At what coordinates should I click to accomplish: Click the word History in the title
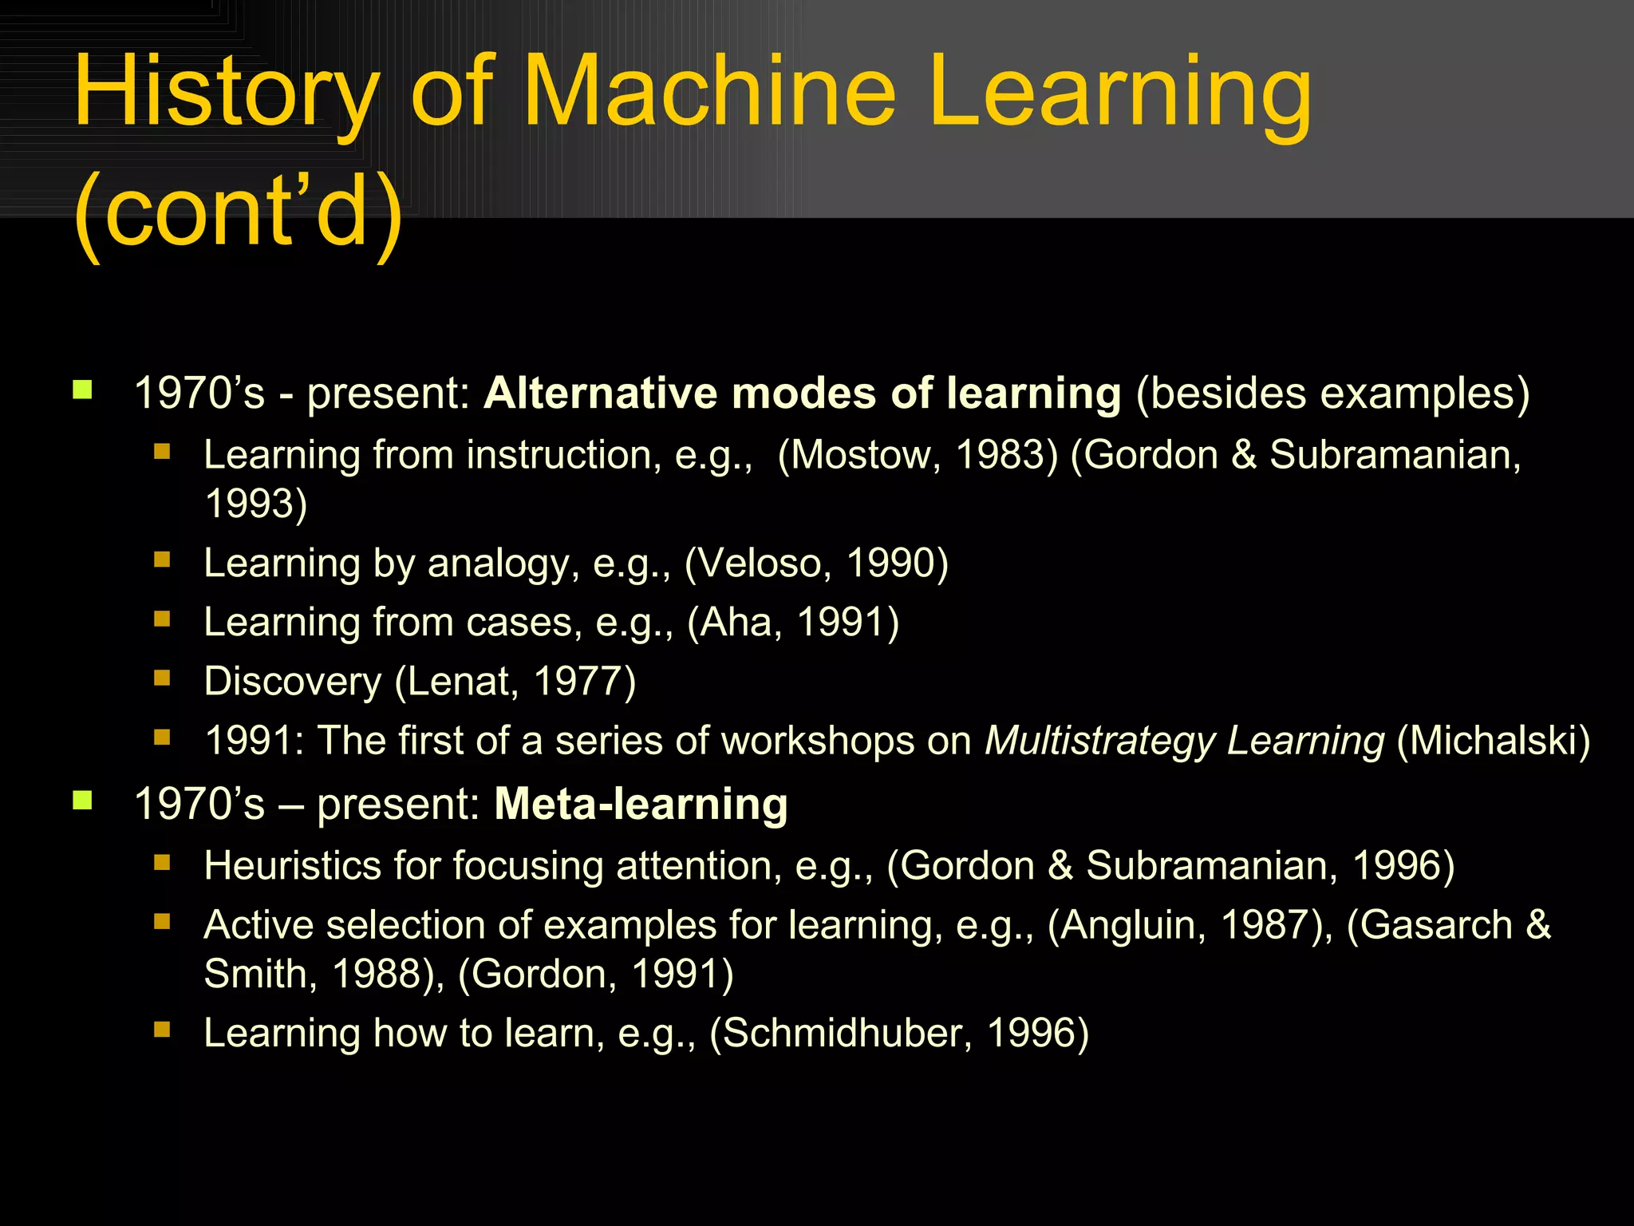point(226,94)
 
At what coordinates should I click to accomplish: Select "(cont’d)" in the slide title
point(239,212)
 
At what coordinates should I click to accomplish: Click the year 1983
point(1001,455)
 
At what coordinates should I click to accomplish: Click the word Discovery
point(293,682)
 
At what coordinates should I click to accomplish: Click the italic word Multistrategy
point(1099,741)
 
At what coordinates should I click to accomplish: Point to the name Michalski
point(1493,741)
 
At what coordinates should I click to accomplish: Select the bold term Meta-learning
point(641,804)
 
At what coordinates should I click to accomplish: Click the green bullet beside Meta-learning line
point(82,801)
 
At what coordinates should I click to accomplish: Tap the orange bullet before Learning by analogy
point(162,560)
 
